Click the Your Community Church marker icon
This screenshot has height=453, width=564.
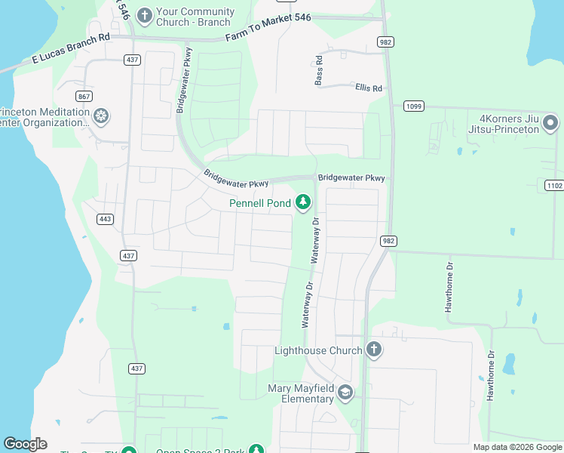(145, 14)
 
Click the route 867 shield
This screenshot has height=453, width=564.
(84, 96)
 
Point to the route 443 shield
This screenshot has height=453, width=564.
(105, 219)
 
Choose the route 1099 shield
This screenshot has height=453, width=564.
(412, 106)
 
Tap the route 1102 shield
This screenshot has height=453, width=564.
(553, 185)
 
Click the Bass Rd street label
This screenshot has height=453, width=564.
(320, 69)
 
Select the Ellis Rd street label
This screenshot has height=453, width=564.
(369, 88)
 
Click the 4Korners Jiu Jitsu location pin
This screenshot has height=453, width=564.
(551, 122)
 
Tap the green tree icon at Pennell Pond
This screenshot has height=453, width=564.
(302, 202)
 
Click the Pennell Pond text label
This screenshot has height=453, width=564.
(261, 203)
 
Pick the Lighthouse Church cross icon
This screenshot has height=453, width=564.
(373, 349)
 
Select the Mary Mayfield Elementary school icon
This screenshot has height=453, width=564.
(345, 392)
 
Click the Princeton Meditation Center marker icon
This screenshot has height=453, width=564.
(100, 116)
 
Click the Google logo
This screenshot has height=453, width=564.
(25, 444)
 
